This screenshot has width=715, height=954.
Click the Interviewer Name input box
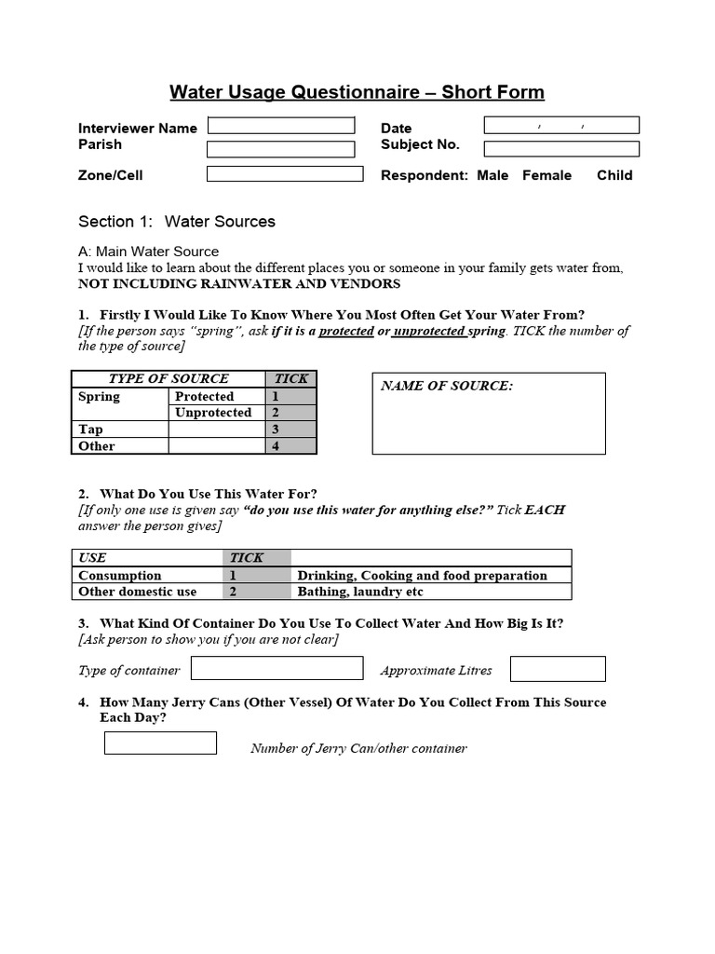pos(281,126)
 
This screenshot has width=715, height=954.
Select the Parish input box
pos(281,149)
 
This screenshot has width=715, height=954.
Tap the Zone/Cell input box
pos(285,173)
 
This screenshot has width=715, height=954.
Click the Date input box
pos(561,125)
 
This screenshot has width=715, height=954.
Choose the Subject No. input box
pos(561,148)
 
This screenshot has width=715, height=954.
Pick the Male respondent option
pos(492,175)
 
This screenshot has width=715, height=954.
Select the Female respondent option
pos(546,175)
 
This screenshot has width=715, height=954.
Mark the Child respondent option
pos(614,175)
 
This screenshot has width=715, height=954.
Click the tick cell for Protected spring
pos(291,396)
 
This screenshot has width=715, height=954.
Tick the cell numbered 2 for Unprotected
pos(291,413)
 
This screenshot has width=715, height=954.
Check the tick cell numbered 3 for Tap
pos(291,429)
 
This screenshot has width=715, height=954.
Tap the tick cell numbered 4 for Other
pos(291,446)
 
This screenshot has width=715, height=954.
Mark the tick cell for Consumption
pos(258,576)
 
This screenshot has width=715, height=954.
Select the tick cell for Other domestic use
pos(258,592)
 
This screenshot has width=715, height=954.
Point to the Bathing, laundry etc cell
pos(431,592)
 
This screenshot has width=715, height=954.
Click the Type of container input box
pos(277,669)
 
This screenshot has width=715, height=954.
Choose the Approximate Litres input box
pos(558,669)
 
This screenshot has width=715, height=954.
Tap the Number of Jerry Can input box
pos(160,743)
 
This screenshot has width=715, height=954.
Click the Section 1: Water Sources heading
pos(177,222)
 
